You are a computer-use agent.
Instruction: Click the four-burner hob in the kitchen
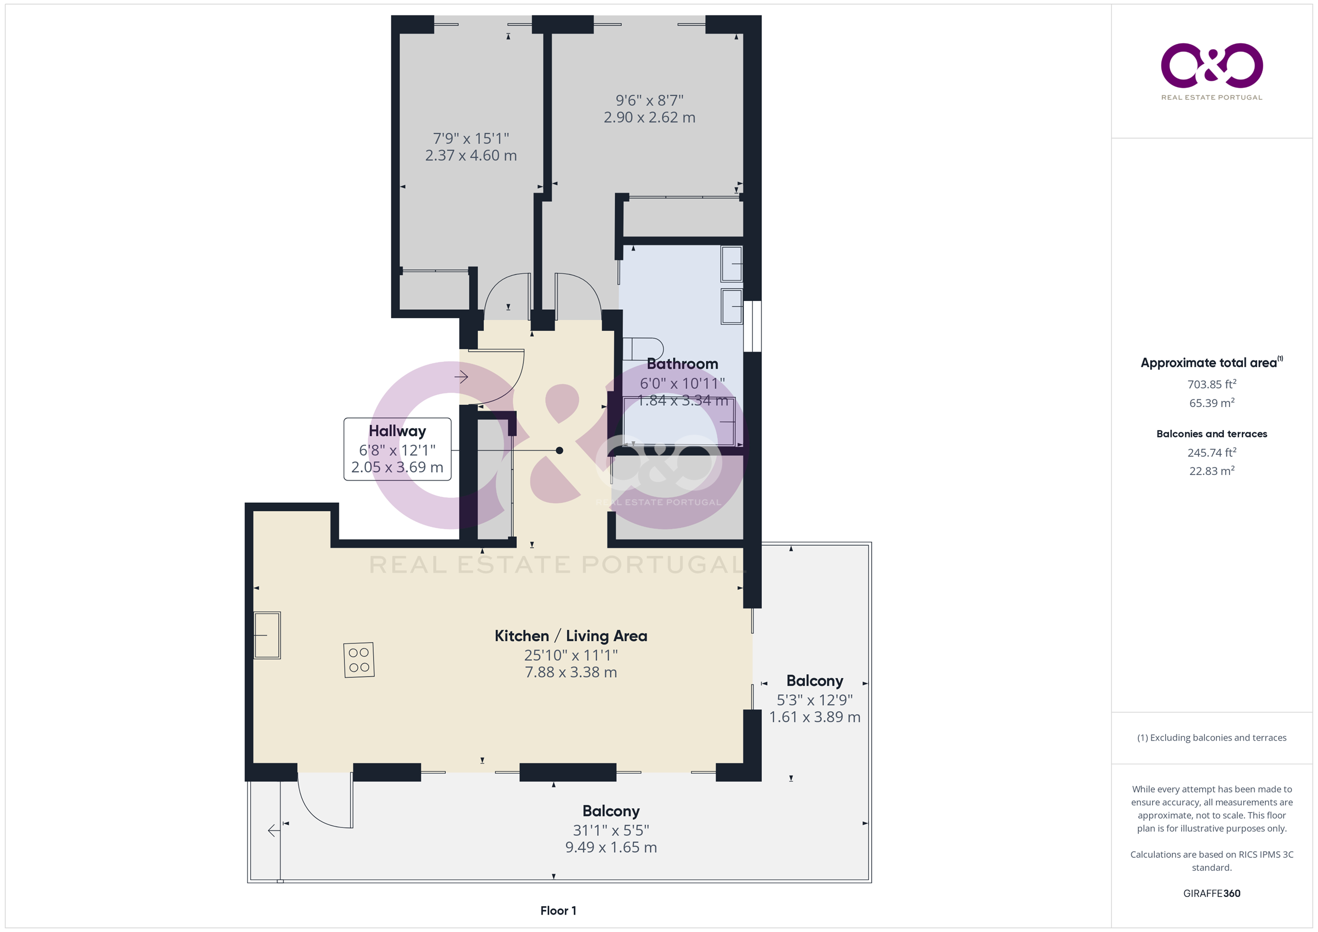click(359, 660)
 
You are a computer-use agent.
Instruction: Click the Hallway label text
click(397, 431)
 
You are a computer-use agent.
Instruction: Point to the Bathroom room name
click(683, 364)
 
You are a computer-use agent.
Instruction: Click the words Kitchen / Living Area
click(571, 636)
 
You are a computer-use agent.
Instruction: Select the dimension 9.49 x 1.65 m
click(611, 847)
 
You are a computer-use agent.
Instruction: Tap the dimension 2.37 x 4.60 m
click(471, 155)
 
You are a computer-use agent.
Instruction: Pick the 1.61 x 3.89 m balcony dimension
click(814, 717)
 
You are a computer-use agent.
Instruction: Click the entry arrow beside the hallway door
click(461, 377)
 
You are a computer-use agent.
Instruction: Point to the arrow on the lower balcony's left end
click(274, 831)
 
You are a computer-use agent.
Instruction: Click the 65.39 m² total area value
click(1212, 402)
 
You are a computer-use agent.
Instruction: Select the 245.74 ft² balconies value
click(1212, 452)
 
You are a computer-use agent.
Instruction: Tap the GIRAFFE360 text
click(1212, 893)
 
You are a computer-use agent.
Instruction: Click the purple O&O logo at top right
click(1212, 65)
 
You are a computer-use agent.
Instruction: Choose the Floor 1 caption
click(558, 910)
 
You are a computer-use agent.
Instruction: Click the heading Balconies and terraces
click(1212, 434)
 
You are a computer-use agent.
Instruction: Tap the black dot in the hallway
click(560, 450)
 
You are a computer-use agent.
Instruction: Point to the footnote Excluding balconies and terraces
click(1218, 737)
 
